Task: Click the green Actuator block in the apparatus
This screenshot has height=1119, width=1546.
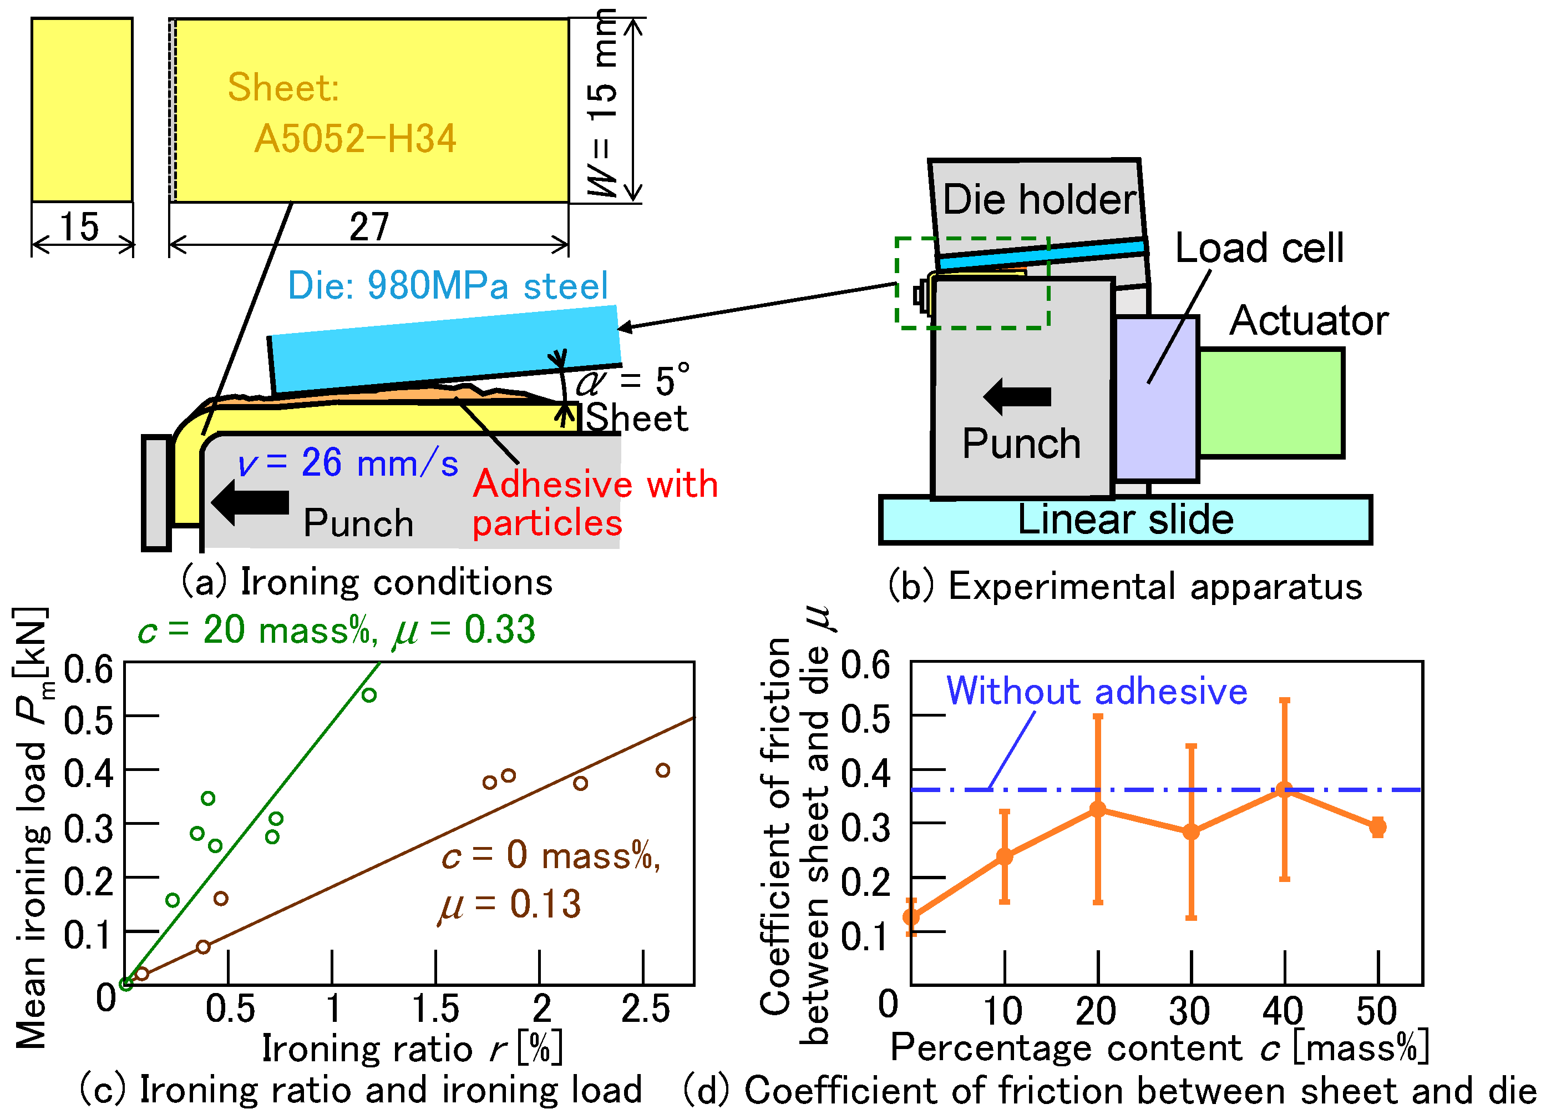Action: click(x=1271, y=402)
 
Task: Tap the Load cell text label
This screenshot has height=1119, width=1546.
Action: click(x=1259, y=248)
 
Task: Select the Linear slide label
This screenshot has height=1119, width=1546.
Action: click(x=1126, y=520)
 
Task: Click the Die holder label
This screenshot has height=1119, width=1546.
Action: click(x=1039, y=200)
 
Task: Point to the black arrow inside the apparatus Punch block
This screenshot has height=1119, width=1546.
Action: click(x=1017, y=396)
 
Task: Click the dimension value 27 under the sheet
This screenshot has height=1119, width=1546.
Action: click(x=369, y=227)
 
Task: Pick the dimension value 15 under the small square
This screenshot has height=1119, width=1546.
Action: click(x=79, y=227)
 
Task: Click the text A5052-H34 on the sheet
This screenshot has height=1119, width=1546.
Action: click(x=354, y=138)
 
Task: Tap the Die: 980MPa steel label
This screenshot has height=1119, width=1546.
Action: click(x=447, y=286)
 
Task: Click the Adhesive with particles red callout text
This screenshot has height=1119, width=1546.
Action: click(x=595, y=504)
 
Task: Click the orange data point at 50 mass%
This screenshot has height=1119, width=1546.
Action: click(x=1377, y=827)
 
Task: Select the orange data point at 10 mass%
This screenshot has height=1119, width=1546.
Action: click(x=1004, y=856)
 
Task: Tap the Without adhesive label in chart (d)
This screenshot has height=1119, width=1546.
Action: click(x=1096, y=692)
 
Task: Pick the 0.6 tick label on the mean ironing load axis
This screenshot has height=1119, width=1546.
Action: click(x=88, y=669)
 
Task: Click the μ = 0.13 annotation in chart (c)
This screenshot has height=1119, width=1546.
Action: click(x=510, y=905)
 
